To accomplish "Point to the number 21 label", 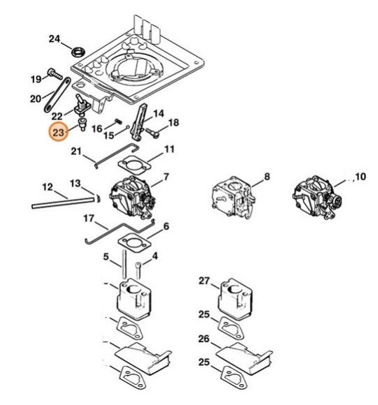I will pos(76,152).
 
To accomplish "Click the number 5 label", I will pos(106,258).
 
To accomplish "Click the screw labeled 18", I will pos(155,128).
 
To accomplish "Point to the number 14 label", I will pos(159,112).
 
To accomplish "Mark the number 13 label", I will pos(75,183).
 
